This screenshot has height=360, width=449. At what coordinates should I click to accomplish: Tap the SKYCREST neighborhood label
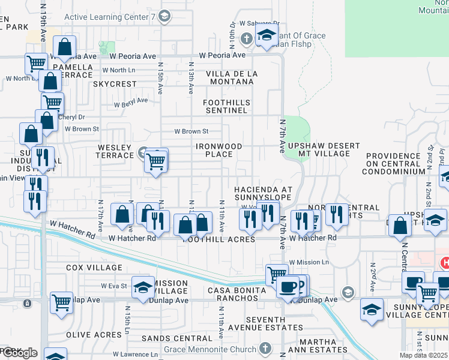click(x=115, y=84)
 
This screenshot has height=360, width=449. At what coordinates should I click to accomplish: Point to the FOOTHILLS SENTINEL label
click(x=226, y=107)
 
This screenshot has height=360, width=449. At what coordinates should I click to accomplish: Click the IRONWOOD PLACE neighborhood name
click(x=219, y=150)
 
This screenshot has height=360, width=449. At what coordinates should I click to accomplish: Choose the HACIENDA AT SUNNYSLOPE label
click(x=263, y=193)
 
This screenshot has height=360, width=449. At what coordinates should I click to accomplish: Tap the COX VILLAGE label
click(x=94, y=268)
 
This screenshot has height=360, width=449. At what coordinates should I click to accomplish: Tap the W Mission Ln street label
click(x=309, y=262)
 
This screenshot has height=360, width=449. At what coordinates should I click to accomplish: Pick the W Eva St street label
click(x=114, y=286)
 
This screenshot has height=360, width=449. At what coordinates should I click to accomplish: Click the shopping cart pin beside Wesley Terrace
click(x=155, y=160)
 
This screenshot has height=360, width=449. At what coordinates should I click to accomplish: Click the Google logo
click(x=19, y=353)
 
